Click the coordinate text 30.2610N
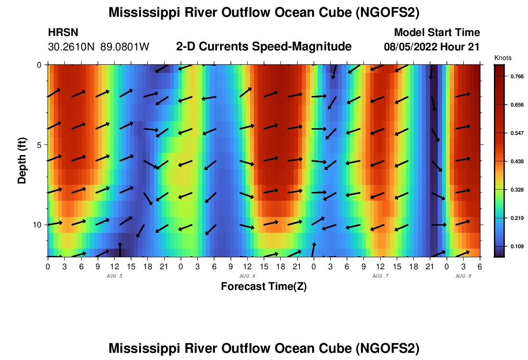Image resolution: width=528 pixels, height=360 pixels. pyautogui.click(x=72, y=47)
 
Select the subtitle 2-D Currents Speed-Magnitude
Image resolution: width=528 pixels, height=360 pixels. pyautogui.click(x=264, y=47)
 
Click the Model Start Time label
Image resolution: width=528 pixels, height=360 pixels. pyautogui.click(x=437, y=33)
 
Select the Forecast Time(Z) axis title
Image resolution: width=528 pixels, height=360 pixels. pyautogui.click(x=264, y=287)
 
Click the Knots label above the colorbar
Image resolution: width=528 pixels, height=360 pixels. pyautogui.click(x=503, y=58)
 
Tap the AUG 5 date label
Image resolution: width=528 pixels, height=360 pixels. pyautogui.click(x=114, y=276)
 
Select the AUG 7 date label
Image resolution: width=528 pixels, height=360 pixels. pyautogui.click(x=380, y=276)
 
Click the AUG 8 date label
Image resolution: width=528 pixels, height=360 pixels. pyautogui.click(x=463, y=276)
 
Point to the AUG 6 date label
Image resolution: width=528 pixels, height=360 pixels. pyautogui.click(x=247, y=276)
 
